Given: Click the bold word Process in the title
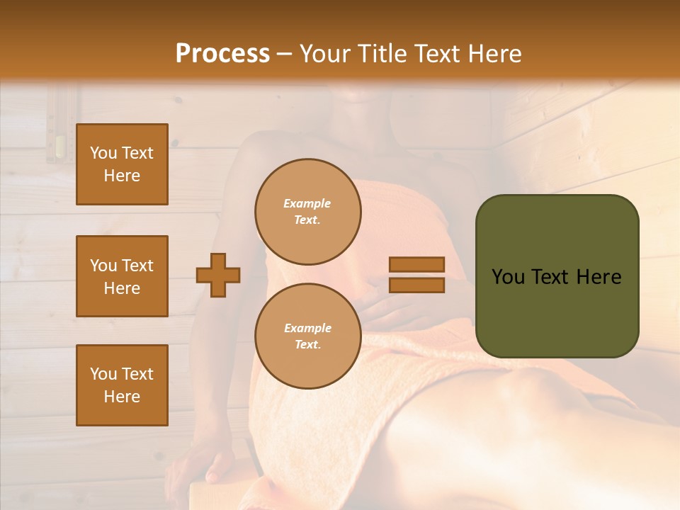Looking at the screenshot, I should [222, 53].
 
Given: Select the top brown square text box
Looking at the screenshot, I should [122, 164].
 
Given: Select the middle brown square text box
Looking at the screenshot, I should [122, 276].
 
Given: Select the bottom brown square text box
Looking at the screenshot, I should [122, 385].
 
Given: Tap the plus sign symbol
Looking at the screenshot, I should [218, 274].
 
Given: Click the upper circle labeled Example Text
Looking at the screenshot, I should [307, 212].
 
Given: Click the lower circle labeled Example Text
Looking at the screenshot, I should [307, 336].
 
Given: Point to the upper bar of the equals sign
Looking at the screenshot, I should [417, 265].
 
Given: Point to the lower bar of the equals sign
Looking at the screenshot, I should [417, 285].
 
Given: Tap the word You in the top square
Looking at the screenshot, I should [103, 153].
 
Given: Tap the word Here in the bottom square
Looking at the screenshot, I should [122, 397].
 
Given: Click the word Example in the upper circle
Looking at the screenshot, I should [307, 203].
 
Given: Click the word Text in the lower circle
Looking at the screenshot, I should [307, 344].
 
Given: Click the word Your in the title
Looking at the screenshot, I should [325, 53].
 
